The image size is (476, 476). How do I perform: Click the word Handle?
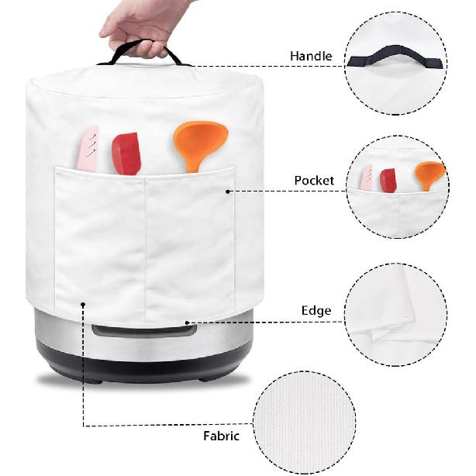point(311,56)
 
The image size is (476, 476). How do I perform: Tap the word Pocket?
point(314,181)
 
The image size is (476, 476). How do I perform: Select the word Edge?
point(316,311)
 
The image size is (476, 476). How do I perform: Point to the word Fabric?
point(221,436)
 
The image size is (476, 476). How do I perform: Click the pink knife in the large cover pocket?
point(88,148)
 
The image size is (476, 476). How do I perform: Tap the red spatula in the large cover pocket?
point(126,153)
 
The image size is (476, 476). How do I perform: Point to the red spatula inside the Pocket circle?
point(388,181)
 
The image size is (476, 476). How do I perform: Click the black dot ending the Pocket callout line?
point(228,191)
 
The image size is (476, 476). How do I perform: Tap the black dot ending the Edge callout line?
point(187,323)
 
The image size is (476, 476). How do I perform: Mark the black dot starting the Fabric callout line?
point(83,304)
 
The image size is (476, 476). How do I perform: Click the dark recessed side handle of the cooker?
point(144,330)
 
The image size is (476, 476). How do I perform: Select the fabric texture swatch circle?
point(304,422)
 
